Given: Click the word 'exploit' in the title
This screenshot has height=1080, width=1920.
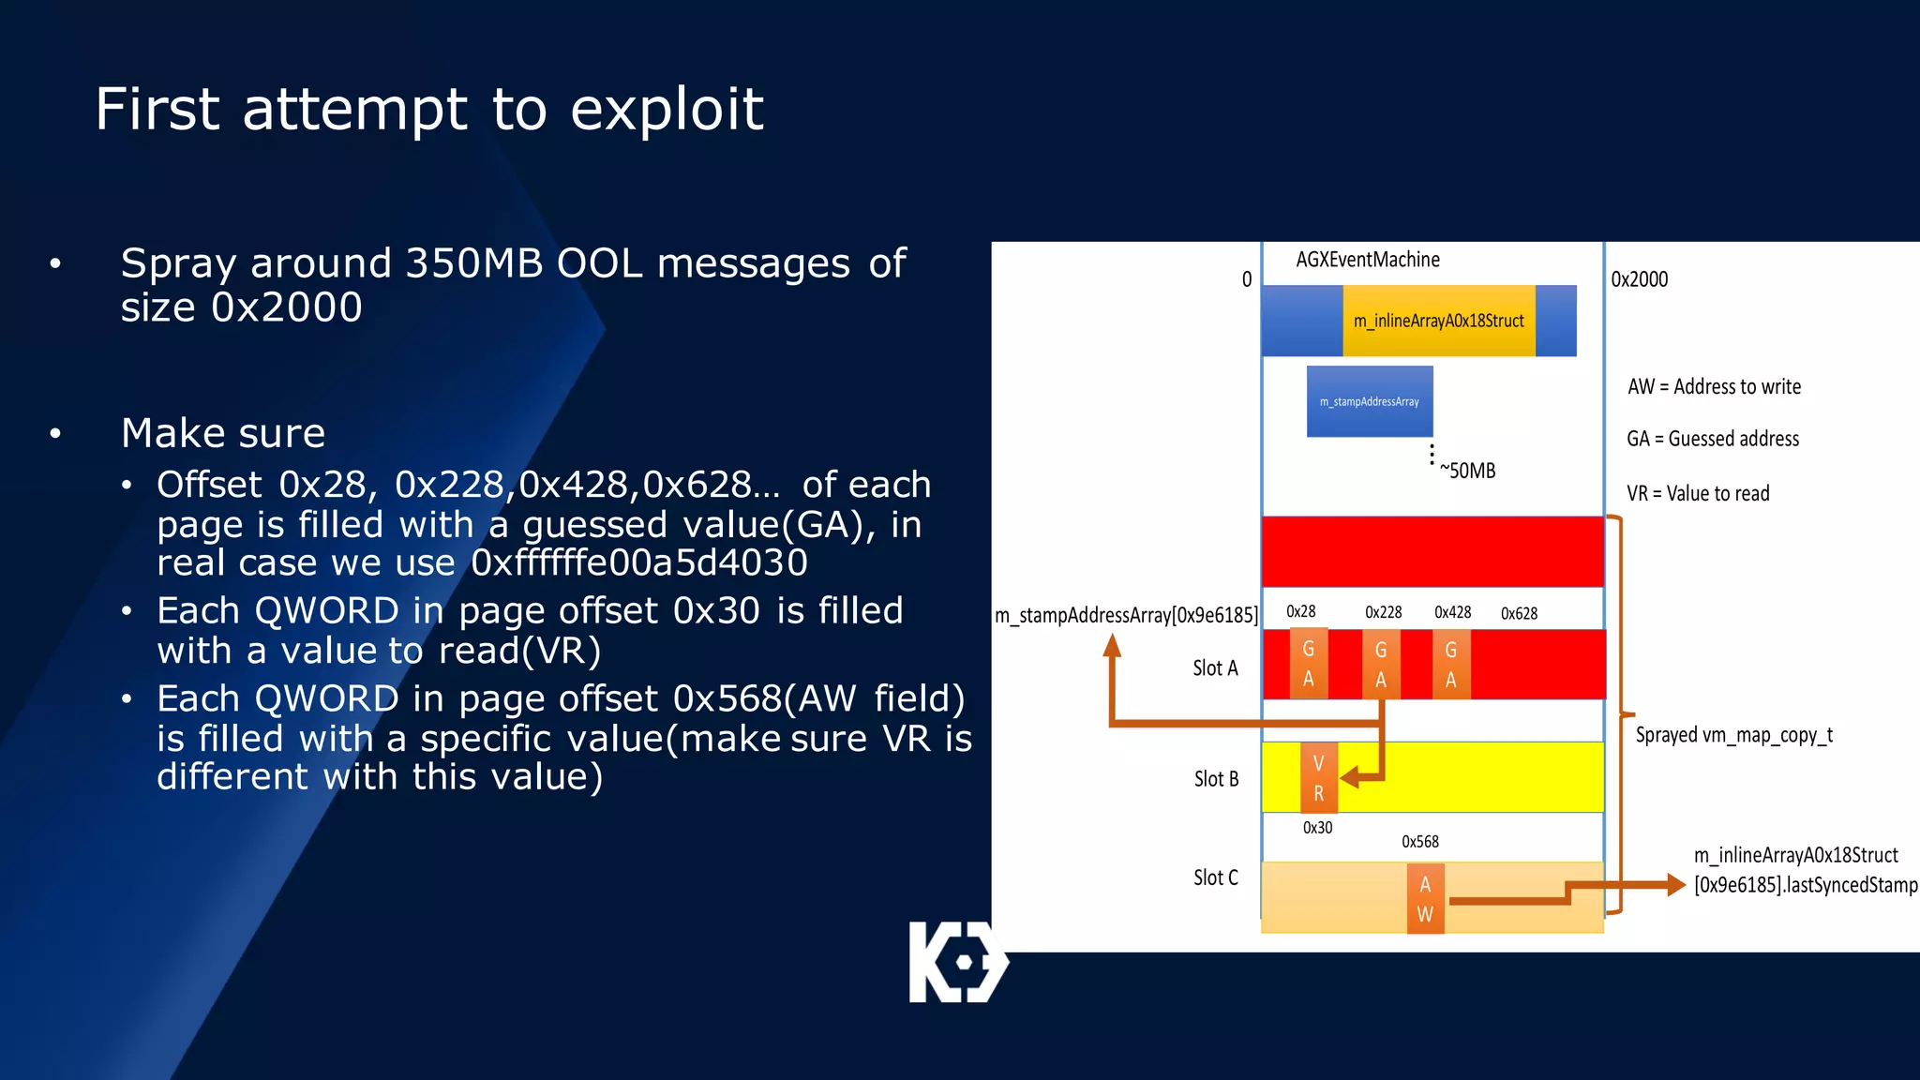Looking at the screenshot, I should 667,111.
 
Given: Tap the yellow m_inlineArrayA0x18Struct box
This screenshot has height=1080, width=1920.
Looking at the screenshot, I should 1438,321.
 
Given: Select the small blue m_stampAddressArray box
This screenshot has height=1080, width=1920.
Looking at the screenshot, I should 1370,401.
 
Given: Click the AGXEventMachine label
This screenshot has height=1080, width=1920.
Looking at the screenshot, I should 1367,260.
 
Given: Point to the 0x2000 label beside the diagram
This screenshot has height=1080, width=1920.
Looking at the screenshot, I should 1639,279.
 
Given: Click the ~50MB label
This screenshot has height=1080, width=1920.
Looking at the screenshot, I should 1468,471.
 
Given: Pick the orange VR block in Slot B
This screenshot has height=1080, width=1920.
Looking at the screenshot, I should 1318,777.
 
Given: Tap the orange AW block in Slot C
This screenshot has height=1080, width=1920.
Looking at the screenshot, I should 1425,898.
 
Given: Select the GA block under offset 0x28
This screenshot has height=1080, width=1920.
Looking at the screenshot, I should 1309,664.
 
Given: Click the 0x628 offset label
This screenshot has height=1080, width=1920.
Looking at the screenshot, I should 1519,614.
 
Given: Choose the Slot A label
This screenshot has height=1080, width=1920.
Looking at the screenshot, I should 1215,668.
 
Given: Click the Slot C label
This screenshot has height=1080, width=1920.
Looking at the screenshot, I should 1215,877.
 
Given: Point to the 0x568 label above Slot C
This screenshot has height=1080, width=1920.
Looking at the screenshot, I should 1419,842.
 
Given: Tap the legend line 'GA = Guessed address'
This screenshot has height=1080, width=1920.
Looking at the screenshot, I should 1713,439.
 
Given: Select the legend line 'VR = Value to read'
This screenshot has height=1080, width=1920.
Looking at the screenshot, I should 1698,493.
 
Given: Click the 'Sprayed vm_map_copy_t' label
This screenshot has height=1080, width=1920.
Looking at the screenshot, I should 1733,735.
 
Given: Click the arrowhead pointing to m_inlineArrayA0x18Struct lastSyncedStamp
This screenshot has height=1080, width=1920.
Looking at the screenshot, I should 1676,884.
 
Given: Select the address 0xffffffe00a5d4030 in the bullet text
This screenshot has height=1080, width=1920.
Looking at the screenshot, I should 638,563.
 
